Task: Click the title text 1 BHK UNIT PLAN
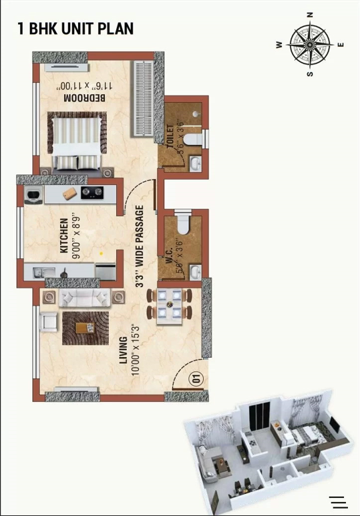75,29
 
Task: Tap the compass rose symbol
310,45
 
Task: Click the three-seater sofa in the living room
83,298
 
